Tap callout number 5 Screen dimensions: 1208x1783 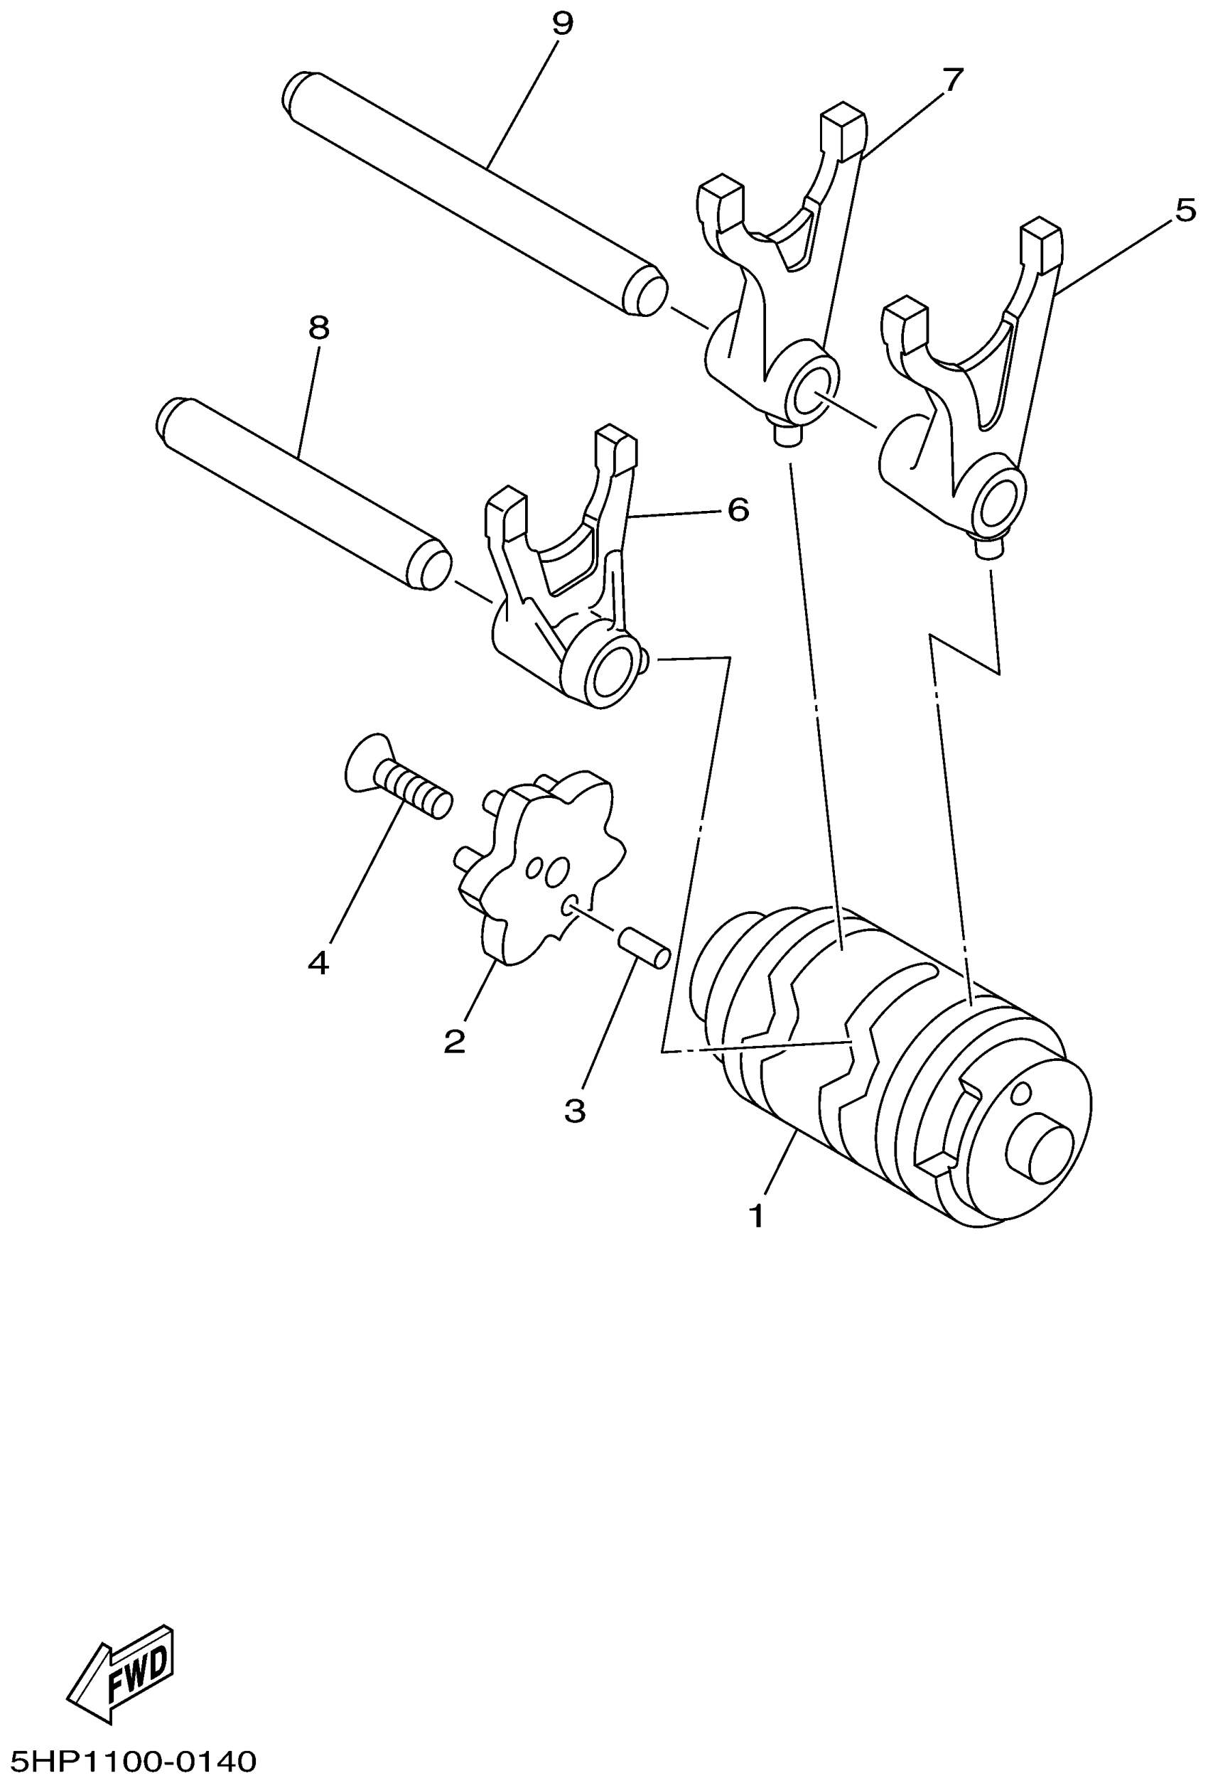(x=1185, y=210)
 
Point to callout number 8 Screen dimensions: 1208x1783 (x=318, y=328)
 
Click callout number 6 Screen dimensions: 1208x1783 (x=737, y=510)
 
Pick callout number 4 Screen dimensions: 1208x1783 (x=318, y=962)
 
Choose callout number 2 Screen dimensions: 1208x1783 (x=454, y=1041)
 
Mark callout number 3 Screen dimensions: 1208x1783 (x=574, y=1110)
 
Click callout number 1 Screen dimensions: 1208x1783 (x=756, y=1216)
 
